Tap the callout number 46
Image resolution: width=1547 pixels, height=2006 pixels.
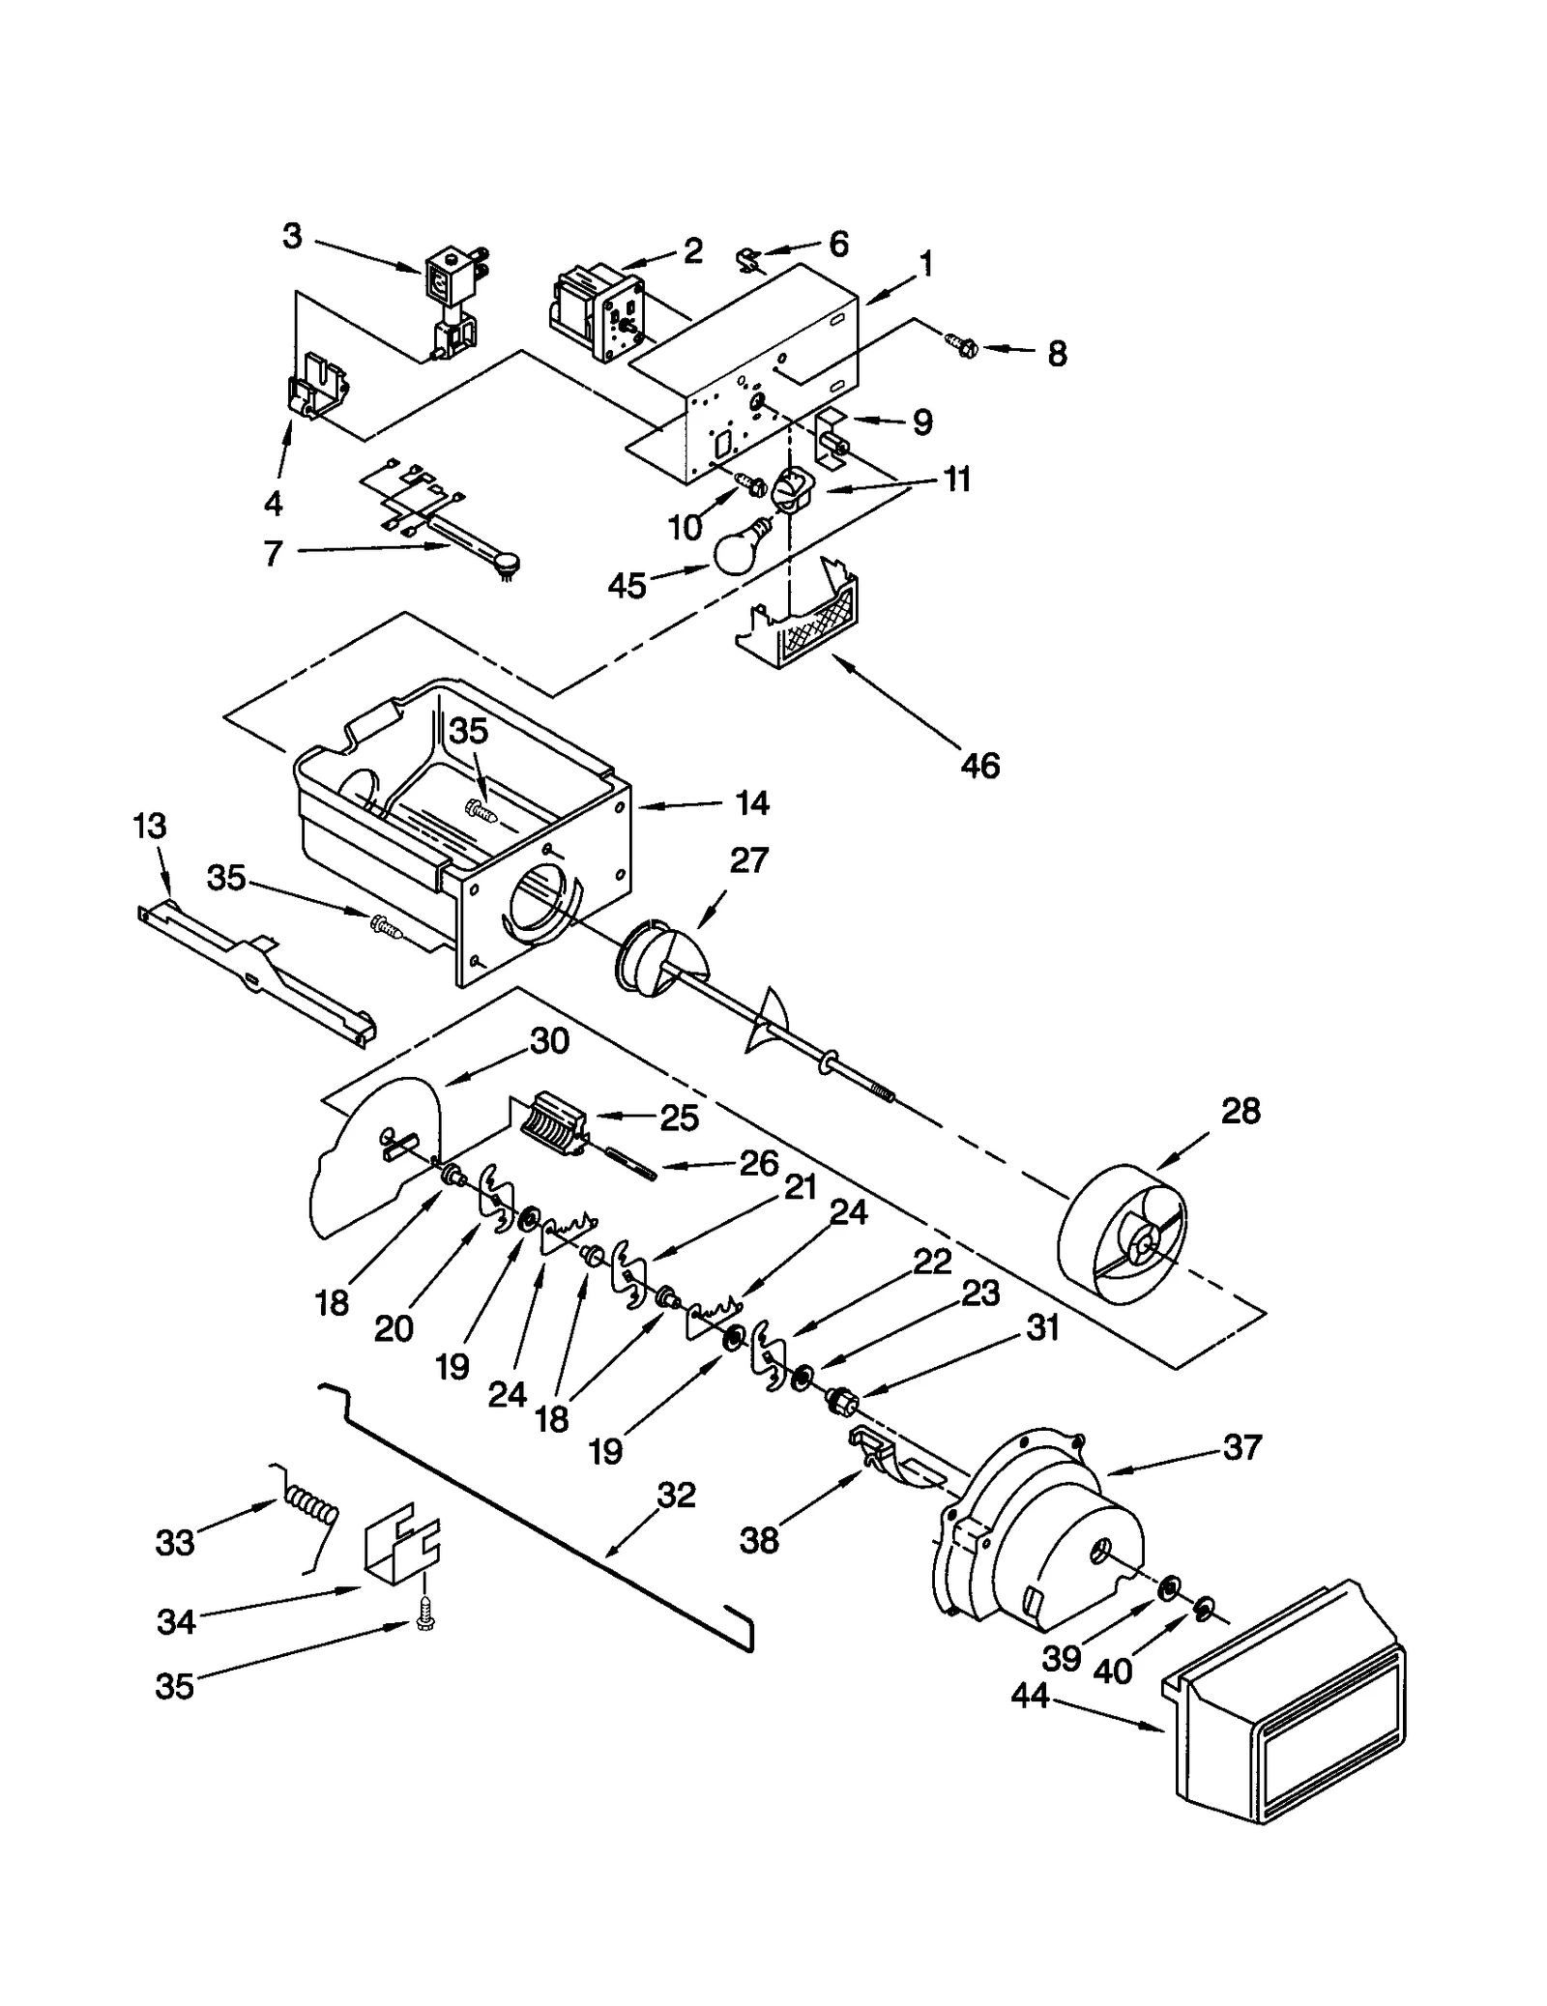[979, 766]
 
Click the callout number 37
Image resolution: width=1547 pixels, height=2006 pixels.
[1242, 1447]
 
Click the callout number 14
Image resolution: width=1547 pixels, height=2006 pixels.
[751, 802]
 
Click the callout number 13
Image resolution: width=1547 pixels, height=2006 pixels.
[150, 827]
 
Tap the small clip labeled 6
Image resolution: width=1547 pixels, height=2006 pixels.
[748, 259]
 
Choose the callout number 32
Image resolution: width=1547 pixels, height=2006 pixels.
[676, 1496]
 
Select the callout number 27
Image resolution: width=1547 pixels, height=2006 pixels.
[748, 860]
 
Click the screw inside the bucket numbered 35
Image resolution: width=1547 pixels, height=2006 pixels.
[481, 810]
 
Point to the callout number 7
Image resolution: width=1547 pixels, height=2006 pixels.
[274, 553]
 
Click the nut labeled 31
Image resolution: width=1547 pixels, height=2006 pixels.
[840, 1399]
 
